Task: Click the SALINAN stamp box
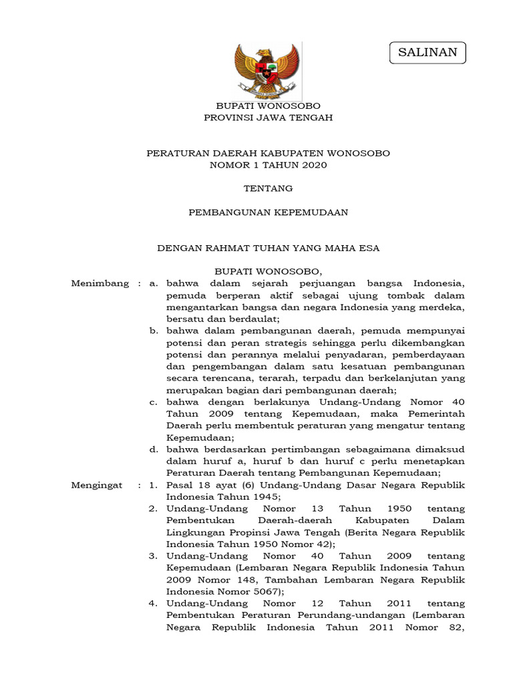pyautogui.click(x=427, y=52)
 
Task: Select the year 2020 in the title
pyautogui.click(x=313, y=165)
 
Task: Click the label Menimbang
pyautogui.click(x=100, y=283)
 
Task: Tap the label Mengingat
pyautogui.click(x=97, y=485)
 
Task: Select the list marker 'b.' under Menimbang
pyautogui.click(x=153, y=330)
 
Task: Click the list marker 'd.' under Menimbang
pyautogui.click(x=153, y=449)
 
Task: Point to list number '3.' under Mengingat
pyautogui.click(x=153, y=556)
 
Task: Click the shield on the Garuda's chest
pyautogui.click(x=267, y=71)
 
